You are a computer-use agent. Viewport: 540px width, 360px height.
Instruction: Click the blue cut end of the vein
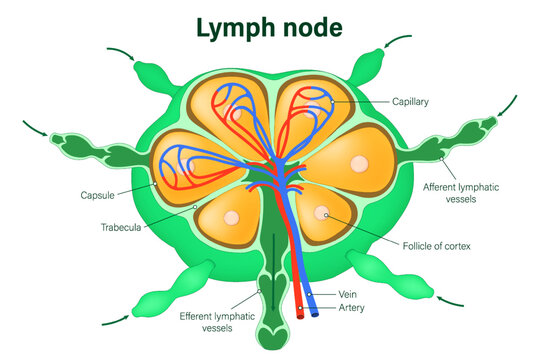314,310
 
